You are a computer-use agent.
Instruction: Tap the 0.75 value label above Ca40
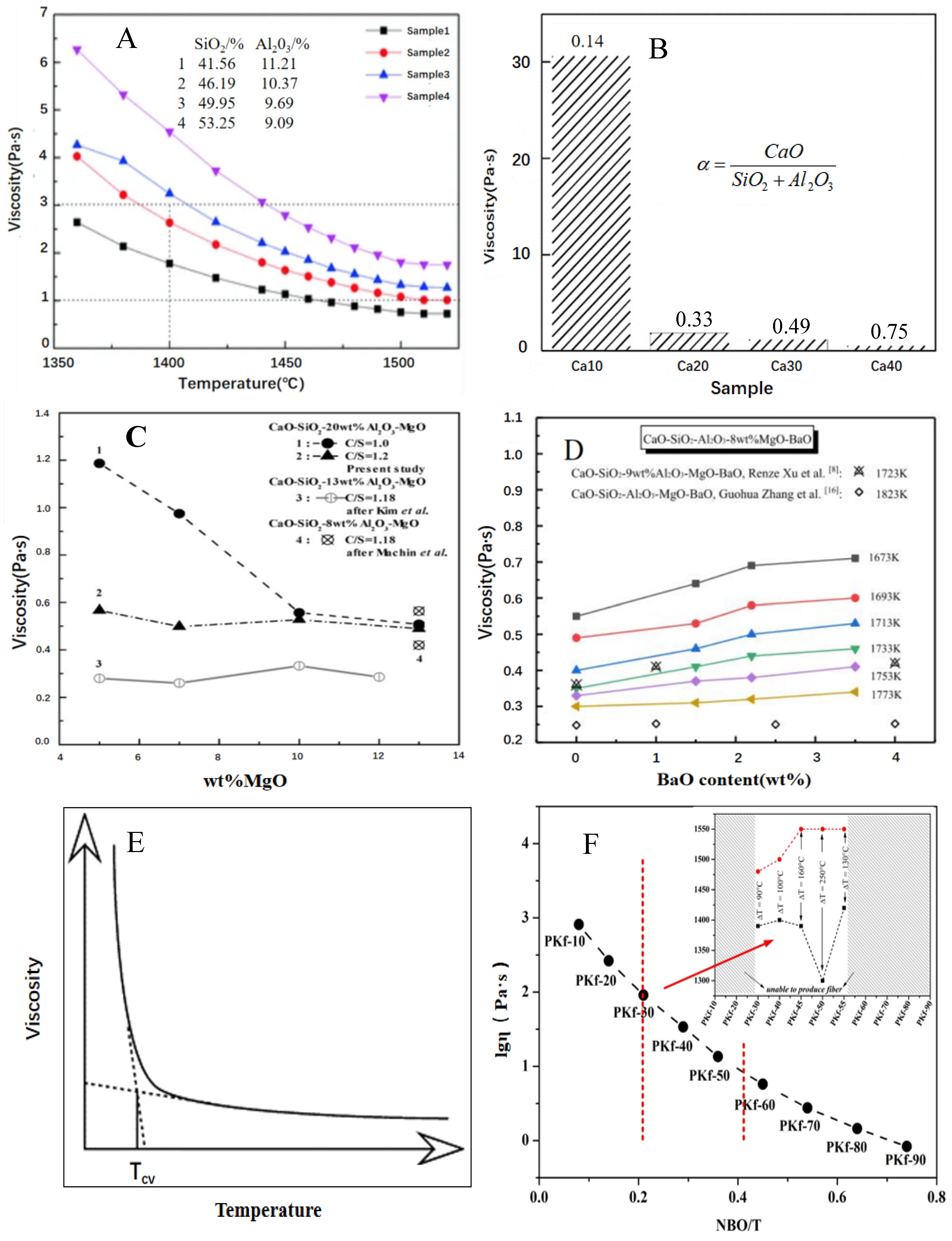(x=889, y=332)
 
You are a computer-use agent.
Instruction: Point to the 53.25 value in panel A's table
(x=216, y=123)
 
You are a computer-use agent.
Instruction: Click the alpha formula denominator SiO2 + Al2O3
(x=782, y=181)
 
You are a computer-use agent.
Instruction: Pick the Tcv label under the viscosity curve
(x=142, y=1172)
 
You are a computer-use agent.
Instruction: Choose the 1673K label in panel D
(x=884, y=558)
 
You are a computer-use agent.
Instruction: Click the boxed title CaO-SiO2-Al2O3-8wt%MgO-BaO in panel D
(x=727, y=439)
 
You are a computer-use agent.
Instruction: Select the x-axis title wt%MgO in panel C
(x=245, y=781)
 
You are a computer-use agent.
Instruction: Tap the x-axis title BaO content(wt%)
(x=733, y=780)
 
